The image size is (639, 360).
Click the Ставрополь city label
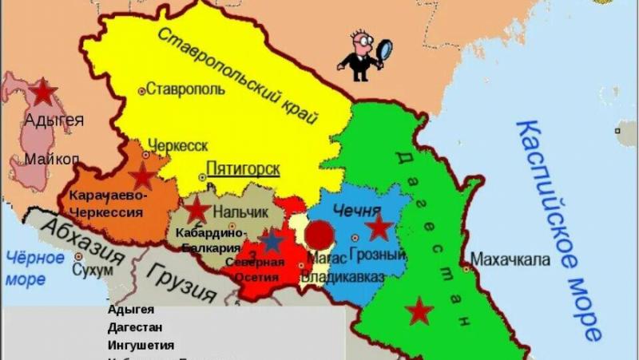(186, 89)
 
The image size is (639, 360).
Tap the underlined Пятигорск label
(243, 169)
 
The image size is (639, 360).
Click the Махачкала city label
(510, 259)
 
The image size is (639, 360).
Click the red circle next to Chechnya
(320, 235)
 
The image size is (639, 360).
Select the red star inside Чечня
(379, 228)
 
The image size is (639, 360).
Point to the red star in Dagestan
(419, 311)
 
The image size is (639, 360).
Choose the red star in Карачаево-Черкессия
(142, 176)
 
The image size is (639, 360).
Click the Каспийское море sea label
(559, 227)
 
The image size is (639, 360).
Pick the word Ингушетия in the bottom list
(141, 345)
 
